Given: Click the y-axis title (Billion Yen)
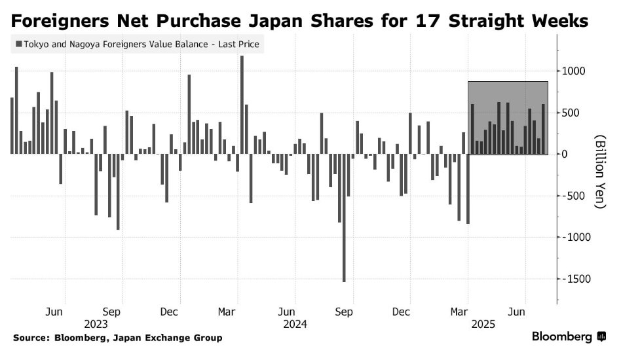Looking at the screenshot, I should pos(600,171).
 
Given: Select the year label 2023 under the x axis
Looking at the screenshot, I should pos(96,323).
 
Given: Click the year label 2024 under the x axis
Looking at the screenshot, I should pos(295,323).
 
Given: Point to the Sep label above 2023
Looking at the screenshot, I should pos(112,312).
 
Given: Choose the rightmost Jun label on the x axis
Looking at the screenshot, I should pos(517,312).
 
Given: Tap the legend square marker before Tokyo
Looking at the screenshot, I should pos(18,45).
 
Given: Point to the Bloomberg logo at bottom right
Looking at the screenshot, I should pos(569,336).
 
